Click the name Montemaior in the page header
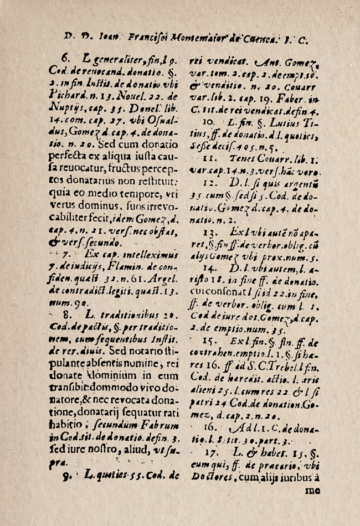[x=196, y=39]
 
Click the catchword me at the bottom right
[x=313, y=489]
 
